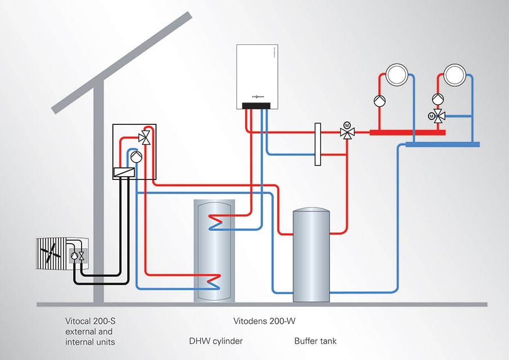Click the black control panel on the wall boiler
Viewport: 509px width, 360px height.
click(x=256, y=106)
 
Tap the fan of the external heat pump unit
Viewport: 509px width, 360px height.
click(x=51, y=253)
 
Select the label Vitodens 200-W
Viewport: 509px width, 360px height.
click(x=264, y=321)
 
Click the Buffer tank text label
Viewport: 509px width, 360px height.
click(x=316, y=341)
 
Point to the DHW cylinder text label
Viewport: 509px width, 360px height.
click(x=215, y=341)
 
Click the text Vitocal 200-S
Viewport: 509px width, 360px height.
click(x=91, y=321)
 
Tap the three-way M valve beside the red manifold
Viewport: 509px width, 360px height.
click(x=347, y=133)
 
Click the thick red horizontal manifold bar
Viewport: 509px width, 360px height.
click(x=407, y=133)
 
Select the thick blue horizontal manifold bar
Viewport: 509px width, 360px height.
click(x=442, y=145)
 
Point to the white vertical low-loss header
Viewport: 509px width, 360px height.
click(x=318, y=145)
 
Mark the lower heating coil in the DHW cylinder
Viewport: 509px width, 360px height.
click(x=214, y=277)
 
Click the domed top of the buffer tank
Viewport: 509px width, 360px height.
click(x=312, y=211)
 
